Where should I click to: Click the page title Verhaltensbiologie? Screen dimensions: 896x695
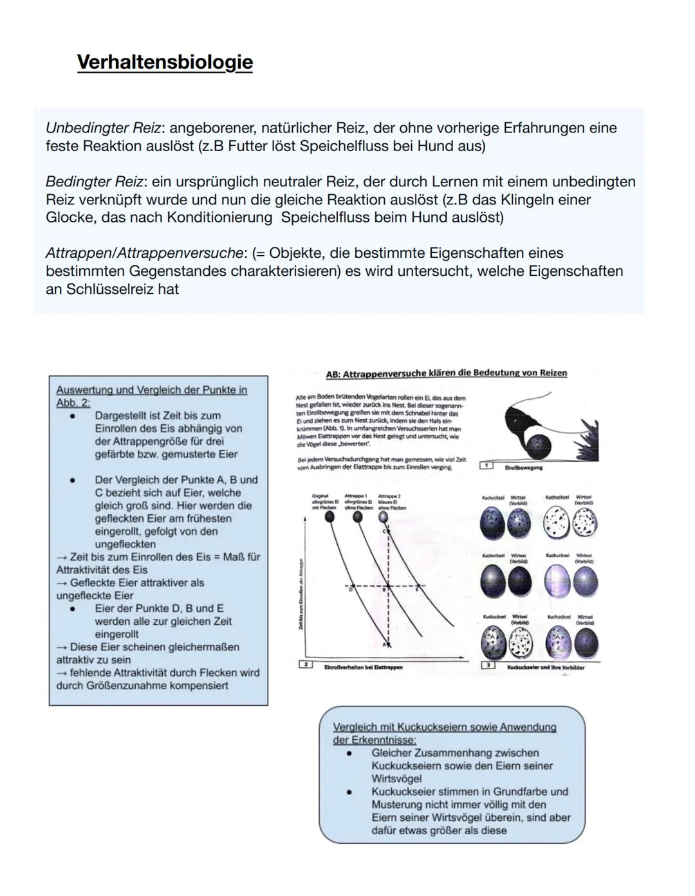click(x=165, y=62)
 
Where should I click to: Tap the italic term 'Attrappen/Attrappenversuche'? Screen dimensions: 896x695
click(x=144, y=253)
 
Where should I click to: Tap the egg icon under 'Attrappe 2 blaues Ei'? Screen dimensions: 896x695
click(x=384, y=517)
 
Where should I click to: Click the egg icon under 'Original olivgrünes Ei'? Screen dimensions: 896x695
click(x=330, y=517)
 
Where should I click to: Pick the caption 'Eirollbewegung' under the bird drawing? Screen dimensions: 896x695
click(x=523, y=467)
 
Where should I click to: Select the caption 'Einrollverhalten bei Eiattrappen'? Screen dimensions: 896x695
click(x=363, y=667)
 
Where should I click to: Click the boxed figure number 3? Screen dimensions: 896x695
click(x=488, y=665)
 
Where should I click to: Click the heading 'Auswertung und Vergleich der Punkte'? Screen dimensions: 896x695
click(x=151, y=390)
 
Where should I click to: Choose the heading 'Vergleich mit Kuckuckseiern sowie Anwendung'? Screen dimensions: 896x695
click(x=444, y=727)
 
